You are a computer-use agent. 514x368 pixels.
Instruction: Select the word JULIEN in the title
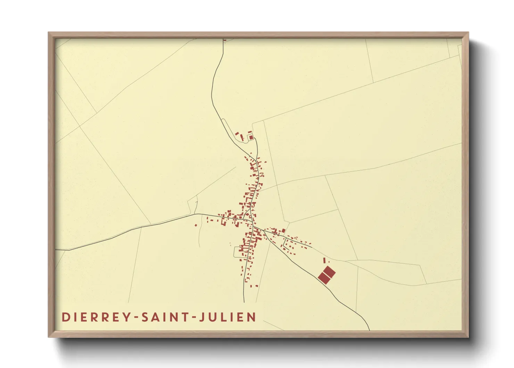[x=228, y=317]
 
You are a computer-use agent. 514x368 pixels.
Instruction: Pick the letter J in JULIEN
[x=202, y=317]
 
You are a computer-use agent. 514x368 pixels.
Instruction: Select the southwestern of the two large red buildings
[x=324, y=278]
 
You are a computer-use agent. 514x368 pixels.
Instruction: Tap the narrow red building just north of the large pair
[x=324, y=260]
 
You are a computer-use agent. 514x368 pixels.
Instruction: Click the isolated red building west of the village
[x=196, y=225]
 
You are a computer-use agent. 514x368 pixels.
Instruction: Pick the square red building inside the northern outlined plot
[x=251, y=137]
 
